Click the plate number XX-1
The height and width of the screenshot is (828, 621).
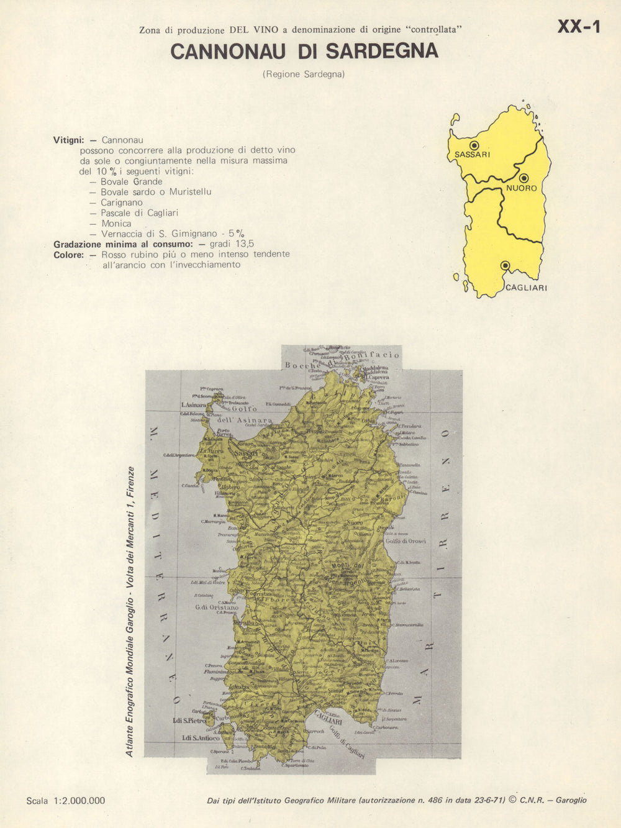578,27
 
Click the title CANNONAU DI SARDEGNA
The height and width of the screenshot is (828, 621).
304,52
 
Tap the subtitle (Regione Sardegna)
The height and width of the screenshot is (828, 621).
304,74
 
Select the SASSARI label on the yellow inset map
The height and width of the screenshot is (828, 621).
472,155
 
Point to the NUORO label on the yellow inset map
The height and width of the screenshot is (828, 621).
521,188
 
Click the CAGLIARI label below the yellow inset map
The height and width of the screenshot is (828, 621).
526,288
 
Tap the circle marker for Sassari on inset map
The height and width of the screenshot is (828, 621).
475,145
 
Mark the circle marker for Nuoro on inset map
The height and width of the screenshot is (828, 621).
524,178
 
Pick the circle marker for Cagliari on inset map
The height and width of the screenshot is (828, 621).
505,265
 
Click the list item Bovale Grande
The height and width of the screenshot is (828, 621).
131,181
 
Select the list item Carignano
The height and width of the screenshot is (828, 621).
122,202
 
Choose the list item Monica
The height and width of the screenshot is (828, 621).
116,224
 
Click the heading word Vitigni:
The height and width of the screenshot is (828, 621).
68,140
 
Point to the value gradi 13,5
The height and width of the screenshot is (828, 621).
232,244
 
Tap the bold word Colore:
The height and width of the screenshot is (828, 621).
68,255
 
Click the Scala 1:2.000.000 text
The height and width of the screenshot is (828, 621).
66,801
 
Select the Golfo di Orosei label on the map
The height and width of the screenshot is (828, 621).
406,541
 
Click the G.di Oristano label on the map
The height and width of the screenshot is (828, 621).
217,607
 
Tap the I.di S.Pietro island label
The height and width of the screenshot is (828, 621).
189,721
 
